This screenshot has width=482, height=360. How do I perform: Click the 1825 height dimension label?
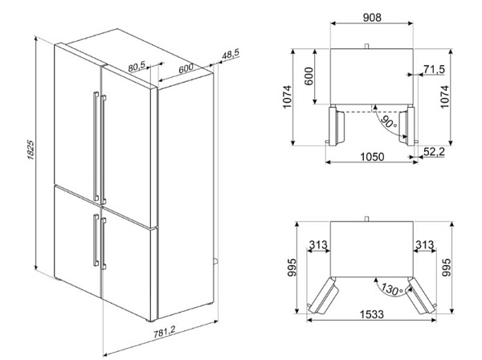(31, 150)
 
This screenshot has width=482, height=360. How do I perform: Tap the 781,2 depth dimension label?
(165, 333)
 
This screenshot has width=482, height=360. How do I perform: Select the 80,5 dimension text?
(137, 67)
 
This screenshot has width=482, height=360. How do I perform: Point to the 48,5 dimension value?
(231, 55)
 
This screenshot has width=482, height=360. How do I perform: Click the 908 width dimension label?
(372, 18)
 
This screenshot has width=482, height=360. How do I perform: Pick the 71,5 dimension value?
(434, 69)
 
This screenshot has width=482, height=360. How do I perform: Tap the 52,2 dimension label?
(434, 152)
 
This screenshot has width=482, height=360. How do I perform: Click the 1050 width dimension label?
(372, 157)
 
